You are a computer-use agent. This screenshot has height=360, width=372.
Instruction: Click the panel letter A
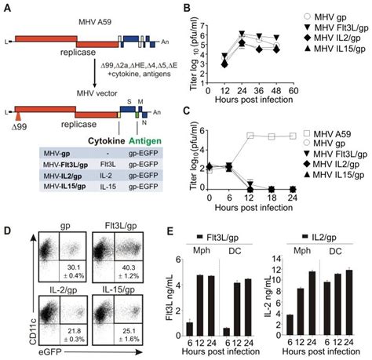point(6,7)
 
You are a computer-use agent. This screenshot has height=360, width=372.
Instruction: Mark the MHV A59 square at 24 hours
point(293,136)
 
